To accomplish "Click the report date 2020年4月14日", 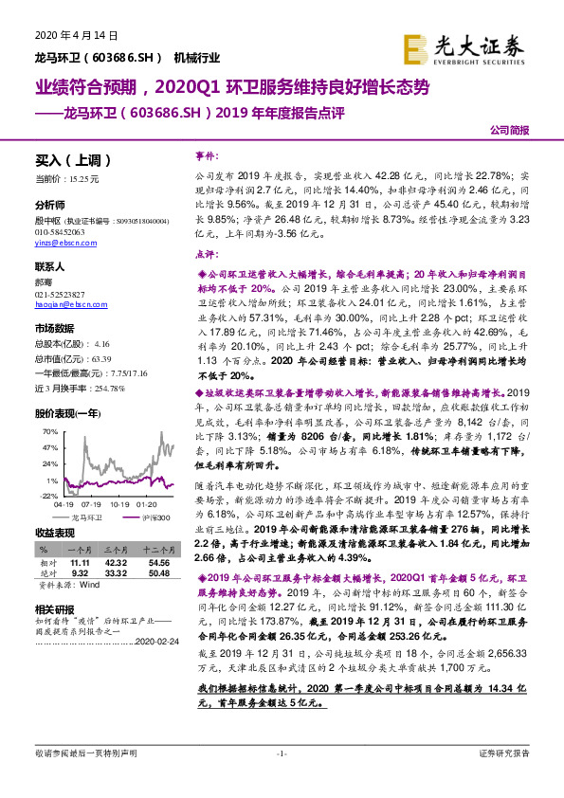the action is [68, 35].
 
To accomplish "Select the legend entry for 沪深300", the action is [155, 517].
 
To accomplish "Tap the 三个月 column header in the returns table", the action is [115, 549].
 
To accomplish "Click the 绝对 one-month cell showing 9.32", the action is [80, 572].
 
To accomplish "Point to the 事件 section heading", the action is [206, 154].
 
